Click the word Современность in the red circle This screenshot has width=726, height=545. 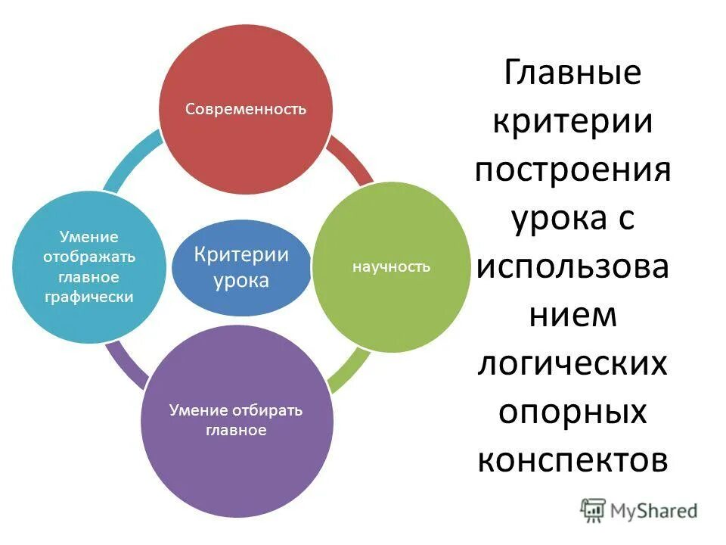pyautogui.click(x=246, y=109)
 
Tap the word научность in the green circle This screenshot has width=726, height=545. pyautogui.click(x=391, y=266)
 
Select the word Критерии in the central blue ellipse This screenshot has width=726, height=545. pyautogui.click(x=241, y=254)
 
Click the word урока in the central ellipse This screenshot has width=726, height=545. pyautogui.click(x=241, y=281)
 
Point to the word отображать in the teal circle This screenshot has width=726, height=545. pyautogui.click(x=89, y=257)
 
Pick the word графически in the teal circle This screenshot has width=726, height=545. pyautogui.click(x=89, y=297)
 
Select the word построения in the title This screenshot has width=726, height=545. pyautogui.click(x=572, y=170)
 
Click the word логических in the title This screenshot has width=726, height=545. pyautogui.click(x=572, y=364)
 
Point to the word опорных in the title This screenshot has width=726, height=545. pyautogui.click(x=572, y=413)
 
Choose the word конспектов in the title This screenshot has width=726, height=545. pyautogui.click(x=572, y=460)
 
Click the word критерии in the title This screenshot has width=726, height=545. pyautogui.click(x=572, y=122)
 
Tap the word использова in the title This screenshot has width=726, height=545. pyautogui.click(x=572, y=267)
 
